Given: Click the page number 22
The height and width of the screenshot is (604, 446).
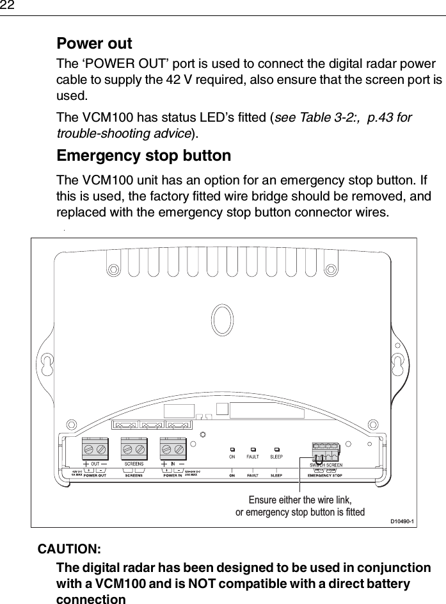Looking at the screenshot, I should coord(8,6).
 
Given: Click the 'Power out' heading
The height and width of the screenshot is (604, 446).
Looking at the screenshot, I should coord(94,44).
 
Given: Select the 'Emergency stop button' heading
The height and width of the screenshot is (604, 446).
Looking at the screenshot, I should coord(144,156).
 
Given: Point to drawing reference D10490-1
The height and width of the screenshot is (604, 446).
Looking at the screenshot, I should coord(402,521).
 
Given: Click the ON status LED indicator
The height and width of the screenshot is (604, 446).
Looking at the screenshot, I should coord(232,450).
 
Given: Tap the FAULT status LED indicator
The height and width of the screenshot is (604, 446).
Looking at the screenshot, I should coord(253,450).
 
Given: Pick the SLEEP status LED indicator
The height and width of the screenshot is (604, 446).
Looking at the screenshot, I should coord(276,450).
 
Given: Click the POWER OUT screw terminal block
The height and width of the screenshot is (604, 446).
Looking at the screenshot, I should coord(95,448).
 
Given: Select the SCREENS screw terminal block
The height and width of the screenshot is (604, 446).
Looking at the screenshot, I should coord(134,448).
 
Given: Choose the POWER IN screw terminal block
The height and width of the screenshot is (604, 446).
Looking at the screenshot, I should coord(173,448).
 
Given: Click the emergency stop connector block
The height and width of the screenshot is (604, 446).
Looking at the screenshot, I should coord(326,451).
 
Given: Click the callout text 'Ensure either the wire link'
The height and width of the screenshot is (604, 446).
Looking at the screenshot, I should coord(300,500).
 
